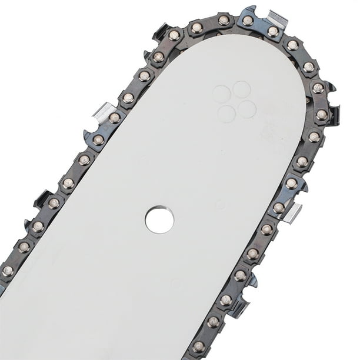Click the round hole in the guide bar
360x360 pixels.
(159, 220)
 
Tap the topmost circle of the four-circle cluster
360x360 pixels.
(241, 89)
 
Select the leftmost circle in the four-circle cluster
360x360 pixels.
(221, 94)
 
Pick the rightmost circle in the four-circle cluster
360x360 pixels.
(247, 109)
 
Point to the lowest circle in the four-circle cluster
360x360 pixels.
(227, 114)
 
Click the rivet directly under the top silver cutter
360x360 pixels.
(273, 32)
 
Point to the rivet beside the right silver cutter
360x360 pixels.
(279, 208)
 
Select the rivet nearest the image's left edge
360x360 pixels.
(8, 271)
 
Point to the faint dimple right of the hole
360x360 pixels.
(220, 205)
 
